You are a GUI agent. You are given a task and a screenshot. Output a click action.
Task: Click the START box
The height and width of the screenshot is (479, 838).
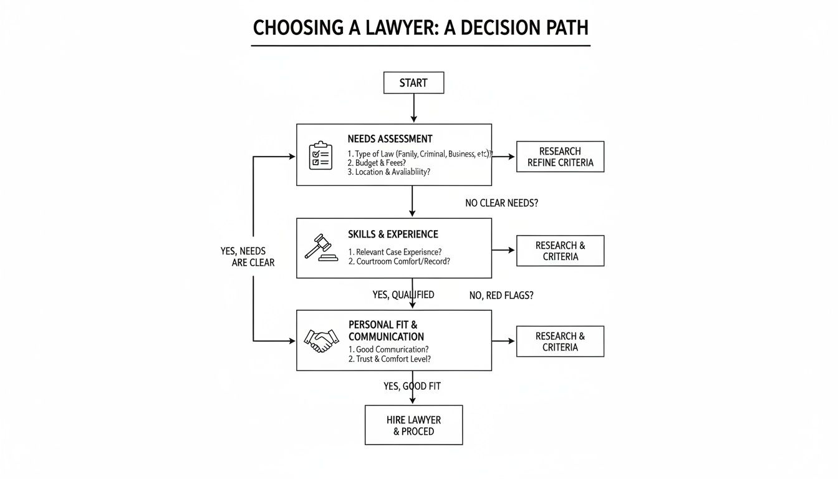413,83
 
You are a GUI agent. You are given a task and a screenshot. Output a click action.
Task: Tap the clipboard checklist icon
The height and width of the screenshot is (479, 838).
321,155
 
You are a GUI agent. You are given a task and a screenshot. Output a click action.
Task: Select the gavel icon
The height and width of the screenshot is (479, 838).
320,248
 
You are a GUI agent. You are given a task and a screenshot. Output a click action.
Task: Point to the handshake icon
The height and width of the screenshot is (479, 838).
320,341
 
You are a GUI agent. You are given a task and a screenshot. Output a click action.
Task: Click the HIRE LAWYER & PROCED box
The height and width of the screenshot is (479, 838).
413,425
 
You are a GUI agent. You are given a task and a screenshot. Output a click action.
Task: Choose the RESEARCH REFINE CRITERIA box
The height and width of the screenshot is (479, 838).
560,157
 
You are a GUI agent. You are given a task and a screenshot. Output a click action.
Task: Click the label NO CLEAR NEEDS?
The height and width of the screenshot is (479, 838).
501,203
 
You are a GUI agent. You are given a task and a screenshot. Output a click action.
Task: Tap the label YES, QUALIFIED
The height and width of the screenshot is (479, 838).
403,295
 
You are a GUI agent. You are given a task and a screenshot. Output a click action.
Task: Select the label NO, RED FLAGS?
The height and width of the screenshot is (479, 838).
501,296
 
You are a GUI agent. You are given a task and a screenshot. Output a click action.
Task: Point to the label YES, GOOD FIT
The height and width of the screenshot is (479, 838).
412,387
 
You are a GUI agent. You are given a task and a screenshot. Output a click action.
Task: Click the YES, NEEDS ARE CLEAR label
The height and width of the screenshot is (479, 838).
248,256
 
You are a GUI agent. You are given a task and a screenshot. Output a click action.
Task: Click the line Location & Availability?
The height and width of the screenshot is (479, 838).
389,172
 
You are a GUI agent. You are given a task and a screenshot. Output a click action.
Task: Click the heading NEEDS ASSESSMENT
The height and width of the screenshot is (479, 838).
390,139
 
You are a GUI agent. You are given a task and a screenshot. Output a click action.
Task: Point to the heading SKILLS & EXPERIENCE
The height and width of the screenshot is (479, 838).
393,235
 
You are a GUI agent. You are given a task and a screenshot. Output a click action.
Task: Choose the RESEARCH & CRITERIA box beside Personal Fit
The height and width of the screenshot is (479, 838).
560,341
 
